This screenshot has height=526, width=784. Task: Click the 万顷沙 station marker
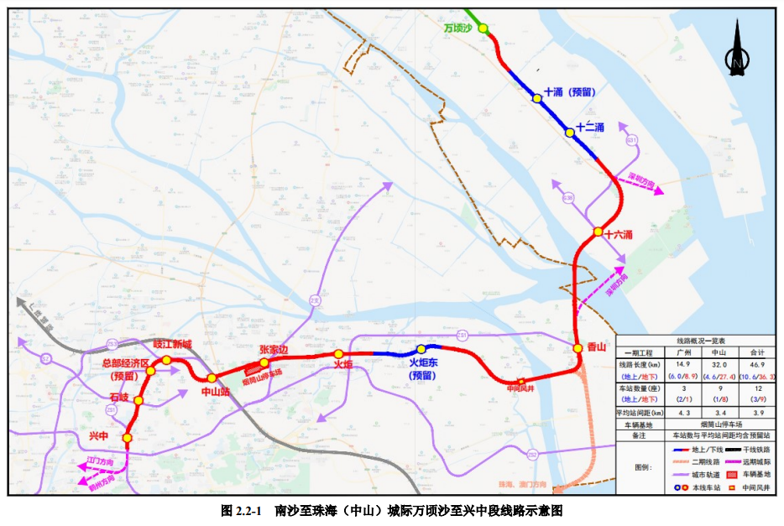[x=483, y=28]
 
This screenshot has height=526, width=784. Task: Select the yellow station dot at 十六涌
[x=598, y=232]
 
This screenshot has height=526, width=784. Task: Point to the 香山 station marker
[x=578, y=347]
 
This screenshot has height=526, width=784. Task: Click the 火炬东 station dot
[x=421, y=349]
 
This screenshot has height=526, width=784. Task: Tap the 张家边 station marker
[x=264, y=363]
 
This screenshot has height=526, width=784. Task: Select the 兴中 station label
[x=99, y=436]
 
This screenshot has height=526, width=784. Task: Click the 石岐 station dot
[x=139, y=401]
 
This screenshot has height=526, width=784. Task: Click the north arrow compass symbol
[x=737, y=50]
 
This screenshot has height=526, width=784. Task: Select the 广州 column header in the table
[x=682, y=352]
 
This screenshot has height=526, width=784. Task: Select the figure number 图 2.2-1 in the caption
[x=242, y=510]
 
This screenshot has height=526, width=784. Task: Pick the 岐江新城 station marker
[x=166, y=360]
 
